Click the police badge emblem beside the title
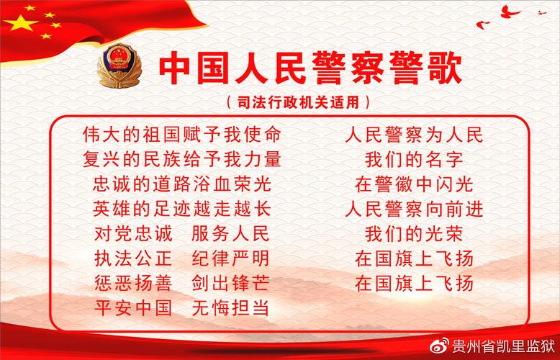click(119, 66)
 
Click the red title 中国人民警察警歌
click(310, 67)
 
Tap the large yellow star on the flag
click(18, 25)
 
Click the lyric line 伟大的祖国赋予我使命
click(181, 135)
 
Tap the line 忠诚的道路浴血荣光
click(181, 184)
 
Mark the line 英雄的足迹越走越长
click(181, 209)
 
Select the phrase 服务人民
click(230, 234)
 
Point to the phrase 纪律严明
click(230, 258)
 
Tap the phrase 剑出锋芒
click(230, 283)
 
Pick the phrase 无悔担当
click(230, 308)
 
